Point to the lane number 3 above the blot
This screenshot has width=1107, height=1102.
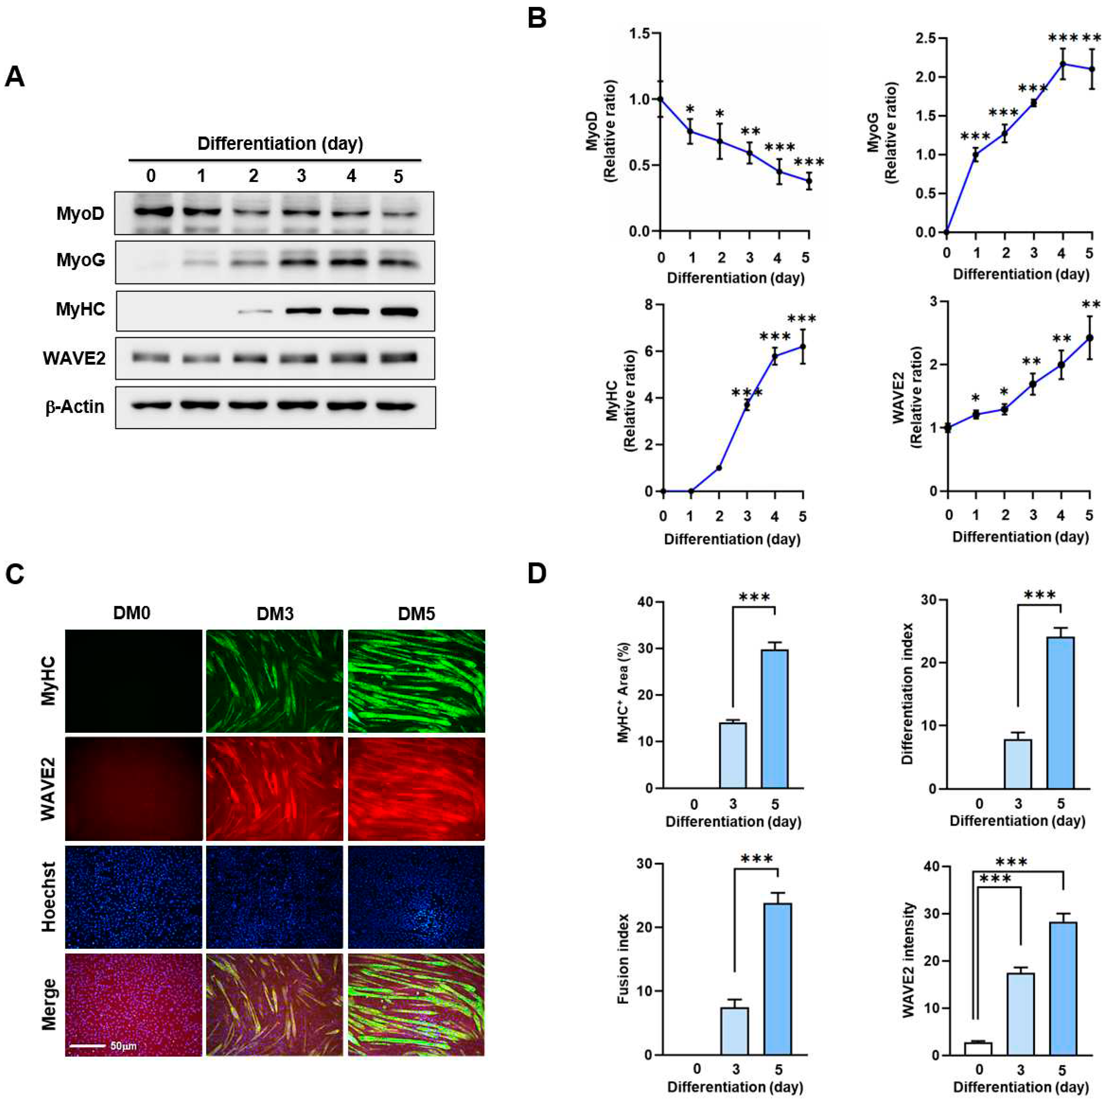(301, 175)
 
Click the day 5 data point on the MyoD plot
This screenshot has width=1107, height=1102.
(809, 181)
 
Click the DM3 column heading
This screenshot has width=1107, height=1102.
(275, 614)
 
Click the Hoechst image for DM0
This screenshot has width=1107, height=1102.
(134, 897)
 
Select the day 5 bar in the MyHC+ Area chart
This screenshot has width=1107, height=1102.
(775, 718)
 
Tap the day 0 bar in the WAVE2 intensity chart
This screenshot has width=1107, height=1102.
(978, 1048)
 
